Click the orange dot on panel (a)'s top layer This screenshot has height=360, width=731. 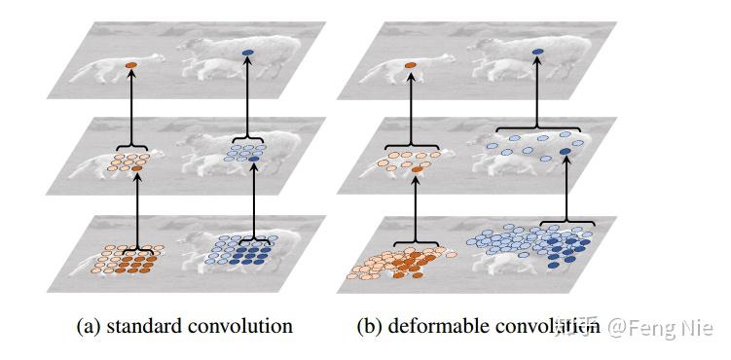131,64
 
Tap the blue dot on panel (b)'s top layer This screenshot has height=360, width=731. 536,52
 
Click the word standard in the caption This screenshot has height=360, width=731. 148,325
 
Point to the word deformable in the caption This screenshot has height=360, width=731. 437,325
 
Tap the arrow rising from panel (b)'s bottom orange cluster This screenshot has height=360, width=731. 417,204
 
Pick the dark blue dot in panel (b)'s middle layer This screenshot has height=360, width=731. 566,155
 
